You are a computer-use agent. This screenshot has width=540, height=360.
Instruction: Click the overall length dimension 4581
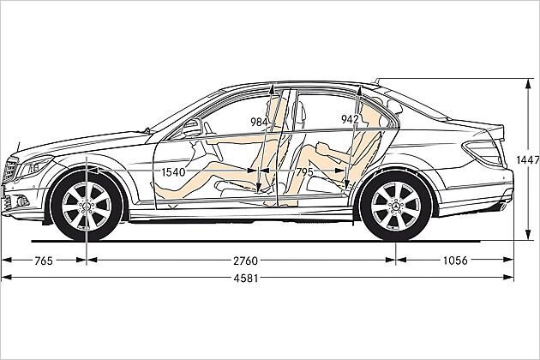coord(245,278)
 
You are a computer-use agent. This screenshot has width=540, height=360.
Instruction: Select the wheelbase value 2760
coord(245,261)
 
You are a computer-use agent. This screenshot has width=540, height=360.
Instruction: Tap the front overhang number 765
coord(44,261)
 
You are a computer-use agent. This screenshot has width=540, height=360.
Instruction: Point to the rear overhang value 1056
coord(455,261)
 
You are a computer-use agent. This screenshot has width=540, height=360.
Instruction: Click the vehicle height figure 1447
coord(528,159)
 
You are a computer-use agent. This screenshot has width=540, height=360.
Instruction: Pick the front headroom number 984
coord(259,122)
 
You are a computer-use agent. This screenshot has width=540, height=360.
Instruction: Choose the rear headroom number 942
coord(350,119)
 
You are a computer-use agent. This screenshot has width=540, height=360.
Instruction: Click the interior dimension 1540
coord(173,172)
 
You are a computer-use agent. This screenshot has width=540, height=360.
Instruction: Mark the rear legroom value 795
coord(304,172)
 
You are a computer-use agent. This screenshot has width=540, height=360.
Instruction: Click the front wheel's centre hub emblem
coord(87,207)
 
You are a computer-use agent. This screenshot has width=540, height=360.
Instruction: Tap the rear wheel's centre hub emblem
coord(396,207)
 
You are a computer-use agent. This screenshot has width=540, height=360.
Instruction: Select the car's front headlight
coord(34,166)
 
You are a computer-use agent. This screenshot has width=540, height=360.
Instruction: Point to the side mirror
coord(192,128)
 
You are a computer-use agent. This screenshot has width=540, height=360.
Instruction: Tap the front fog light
coord(21,201)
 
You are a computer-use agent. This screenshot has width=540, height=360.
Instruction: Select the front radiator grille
coord(9,171)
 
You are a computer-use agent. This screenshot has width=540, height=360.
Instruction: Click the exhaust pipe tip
coord(503,207)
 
